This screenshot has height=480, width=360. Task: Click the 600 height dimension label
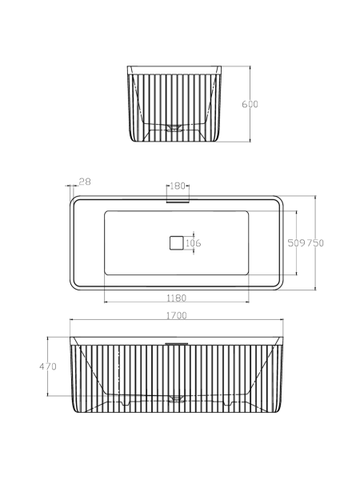(x=250, y=104)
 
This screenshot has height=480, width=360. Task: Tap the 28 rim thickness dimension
(x=85, y=182)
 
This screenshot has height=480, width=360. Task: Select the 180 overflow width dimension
(x=178, y=186)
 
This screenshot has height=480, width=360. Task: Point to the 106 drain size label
(x=194, y=243)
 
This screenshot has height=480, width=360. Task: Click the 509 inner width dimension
(x=297, y=243)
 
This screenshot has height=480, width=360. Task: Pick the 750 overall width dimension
(x=315, y=243)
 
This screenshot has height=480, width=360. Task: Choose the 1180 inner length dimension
(x=176, y=298)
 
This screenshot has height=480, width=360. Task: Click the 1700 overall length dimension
(x=177, y=316)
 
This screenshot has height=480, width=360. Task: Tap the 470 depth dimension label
(x=48, y=366)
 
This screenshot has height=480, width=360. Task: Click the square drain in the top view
(x=177, y=243)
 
